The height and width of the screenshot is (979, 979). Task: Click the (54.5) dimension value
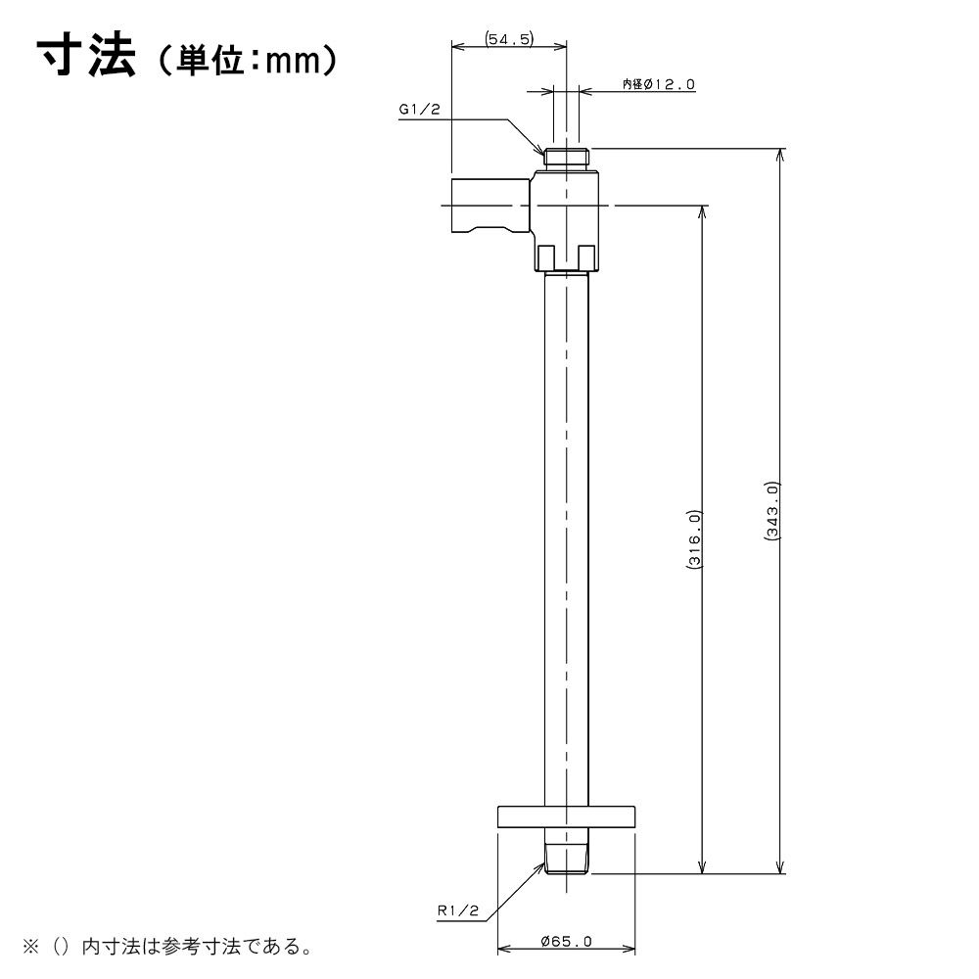click(509, 39)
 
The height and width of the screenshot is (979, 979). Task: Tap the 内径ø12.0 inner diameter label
click(659, 84)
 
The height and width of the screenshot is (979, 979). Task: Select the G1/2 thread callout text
click(420, 110)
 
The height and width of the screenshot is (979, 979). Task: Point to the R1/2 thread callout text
click(457, 910)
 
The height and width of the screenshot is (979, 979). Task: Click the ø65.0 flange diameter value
click(567, 941)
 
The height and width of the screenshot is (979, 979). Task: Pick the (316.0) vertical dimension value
click(694, 538)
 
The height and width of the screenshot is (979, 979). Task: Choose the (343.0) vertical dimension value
click(773, 511)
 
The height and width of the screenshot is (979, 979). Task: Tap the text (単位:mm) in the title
click(248, 61)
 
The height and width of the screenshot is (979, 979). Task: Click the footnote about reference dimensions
click(167, 947)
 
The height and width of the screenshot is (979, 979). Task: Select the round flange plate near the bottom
click(566, 816)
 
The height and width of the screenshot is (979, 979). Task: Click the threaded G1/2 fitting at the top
click(566, 157)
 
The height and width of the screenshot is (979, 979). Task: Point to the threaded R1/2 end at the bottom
click(566, 860)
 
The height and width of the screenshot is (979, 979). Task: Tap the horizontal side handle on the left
click(491, 205)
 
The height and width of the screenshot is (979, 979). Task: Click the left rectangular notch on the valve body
click(547, 256)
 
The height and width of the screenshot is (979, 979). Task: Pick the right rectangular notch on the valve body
click(586, 256)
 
